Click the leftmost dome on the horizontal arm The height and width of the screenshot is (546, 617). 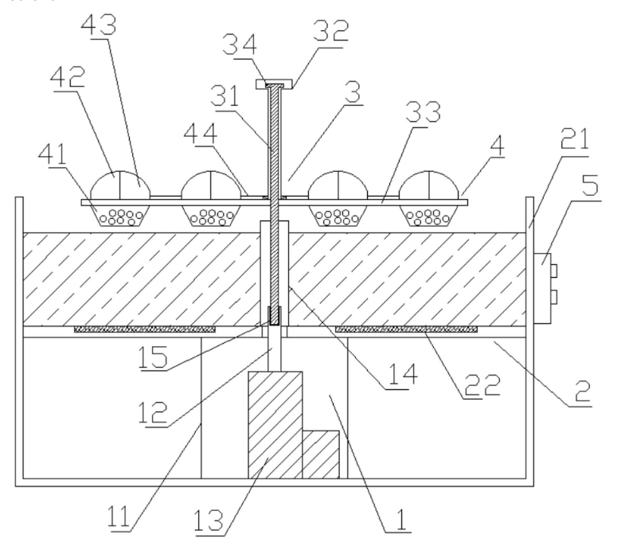point(121,185)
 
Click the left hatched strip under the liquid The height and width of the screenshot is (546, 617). point(145,329)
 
